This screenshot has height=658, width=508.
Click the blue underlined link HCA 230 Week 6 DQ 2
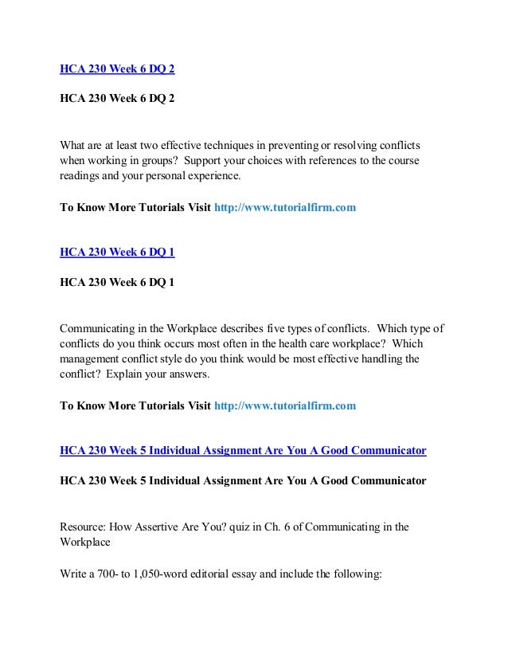117,69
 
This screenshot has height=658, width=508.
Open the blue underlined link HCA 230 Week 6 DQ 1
117,252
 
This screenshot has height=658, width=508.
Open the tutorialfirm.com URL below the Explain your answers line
285,405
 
